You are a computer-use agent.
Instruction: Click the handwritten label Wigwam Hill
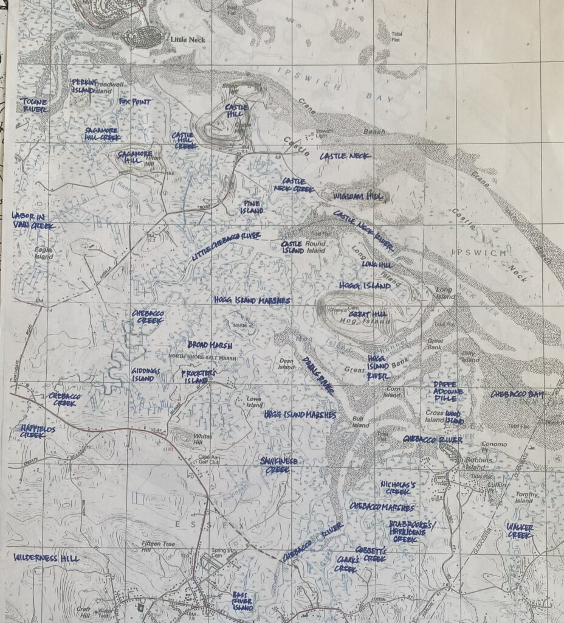click(x=359, y=197)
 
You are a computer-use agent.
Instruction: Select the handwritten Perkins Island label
click(x=83, y=85)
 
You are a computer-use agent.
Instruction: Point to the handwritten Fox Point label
click(x=134, y=102)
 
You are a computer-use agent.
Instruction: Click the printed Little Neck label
click(x=188, y=40)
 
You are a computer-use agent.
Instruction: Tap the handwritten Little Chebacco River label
click(x=226, y=246)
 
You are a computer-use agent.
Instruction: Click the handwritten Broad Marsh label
click(x=210, y=345)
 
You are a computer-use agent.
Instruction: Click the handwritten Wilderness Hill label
click(x=46, y=557)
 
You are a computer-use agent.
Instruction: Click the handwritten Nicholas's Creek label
click(x=398, y=487)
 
